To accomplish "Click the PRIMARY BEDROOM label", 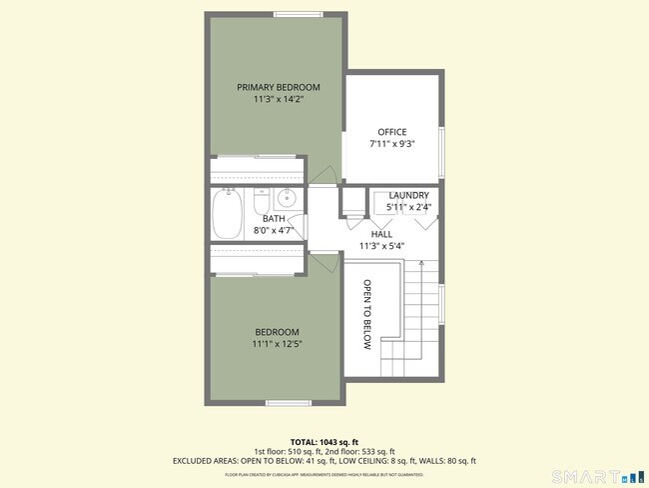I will [279, 87].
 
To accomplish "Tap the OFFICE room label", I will [392, 132].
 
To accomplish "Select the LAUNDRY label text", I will [409, 195].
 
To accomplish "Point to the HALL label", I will [381, 233].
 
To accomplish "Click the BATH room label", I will [275, 219].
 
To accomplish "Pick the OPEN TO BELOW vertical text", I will [367, 315].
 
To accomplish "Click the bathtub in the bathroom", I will [227, 216].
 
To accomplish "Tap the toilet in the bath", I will [261, 201].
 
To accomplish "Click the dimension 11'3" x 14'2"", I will [279, 100].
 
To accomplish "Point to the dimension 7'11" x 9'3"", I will [392, 144].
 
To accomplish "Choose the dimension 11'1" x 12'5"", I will [277, 344].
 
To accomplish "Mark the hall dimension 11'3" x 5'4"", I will [381, 245].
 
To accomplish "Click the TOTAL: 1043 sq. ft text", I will [324, 441].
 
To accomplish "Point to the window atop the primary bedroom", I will [291, 13].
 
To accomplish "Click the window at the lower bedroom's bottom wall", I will [284, 403].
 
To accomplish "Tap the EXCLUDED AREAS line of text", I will [324, 461].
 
